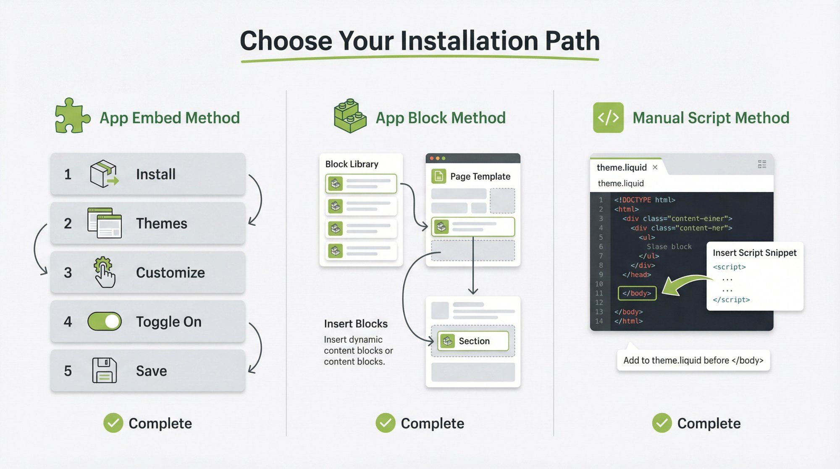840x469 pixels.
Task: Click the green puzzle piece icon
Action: point(72,116)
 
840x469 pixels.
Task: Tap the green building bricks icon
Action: point(349,116)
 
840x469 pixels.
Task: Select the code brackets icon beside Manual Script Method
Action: point(608,118)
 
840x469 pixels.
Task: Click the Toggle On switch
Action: point(105,321)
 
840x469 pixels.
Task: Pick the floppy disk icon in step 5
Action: point(104,370)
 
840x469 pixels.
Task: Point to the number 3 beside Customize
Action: point(68,273)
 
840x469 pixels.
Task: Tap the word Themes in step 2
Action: point(161,224)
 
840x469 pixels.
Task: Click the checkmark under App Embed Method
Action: point(113,423)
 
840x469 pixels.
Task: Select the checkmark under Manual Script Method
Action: point(661,423)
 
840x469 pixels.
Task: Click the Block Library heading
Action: point(352,164)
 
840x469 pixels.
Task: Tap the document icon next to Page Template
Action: point(438,176)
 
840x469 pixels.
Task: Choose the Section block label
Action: point(474,341)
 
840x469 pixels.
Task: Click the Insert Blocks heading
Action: point(355,324)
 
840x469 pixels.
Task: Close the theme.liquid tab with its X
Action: point(655,167)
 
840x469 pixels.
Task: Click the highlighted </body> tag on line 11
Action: point(637,293)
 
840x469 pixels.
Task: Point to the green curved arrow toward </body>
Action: point(685,285)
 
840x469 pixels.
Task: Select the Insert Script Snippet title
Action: point(754,253)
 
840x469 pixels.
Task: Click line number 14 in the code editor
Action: point(599,321)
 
